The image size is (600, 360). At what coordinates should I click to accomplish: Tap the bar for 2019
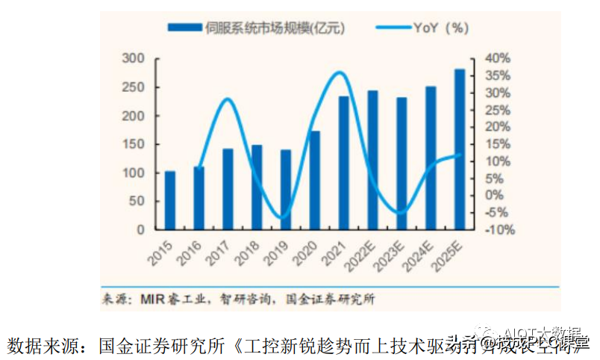(x=286, y=190)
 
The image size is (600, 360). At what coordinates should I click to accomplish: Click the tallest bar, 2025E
(x=460, y=149)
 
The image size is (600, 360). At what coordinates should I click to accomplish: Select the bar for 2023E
(x=401, y=164)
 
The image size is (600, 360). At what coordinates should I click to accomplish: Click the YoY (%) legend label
(x=440, y=28)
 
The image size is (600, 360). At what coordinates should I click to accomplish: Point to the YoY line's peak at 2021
(x=340, y=72)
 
